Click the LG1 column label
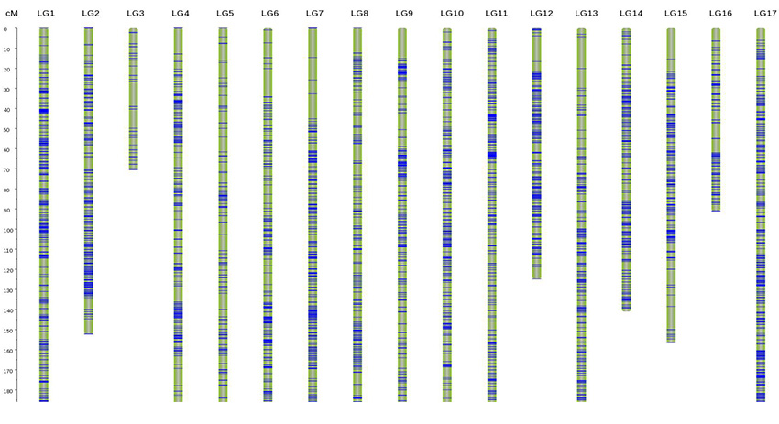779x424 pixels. tap(46, 13)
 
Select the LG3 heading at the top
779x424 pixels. tap(136, 13)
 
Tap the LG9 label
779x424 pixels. tap(404, 13)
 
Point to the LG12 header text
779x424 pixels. tap(541, 13)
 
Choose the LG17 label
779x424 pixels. tap(765, 13)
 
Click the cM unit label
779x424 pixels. tap(12, 13)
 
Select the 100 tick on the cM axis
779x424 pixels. tap(9, 230)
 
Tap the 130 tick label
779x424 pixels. tap(9, 290)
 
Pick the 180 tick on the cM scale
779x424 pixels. tap(9, 391)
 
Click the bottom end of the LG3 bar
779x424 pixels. tap(134, 169)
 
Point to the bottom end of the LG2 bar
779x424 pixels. tap(89, 333)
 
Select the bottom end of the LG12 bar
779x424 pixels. tap(537, 278)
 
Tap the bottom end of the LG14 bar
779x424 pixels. tap(627, 310)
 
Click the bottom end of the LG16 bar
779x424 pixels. tap(716, 211)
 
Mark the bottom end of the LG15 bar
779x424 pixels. tap(671, 342)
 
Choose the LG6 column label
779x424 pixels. tap(269, 13)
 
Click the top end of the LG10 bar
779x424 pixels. tap(447, 29)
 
